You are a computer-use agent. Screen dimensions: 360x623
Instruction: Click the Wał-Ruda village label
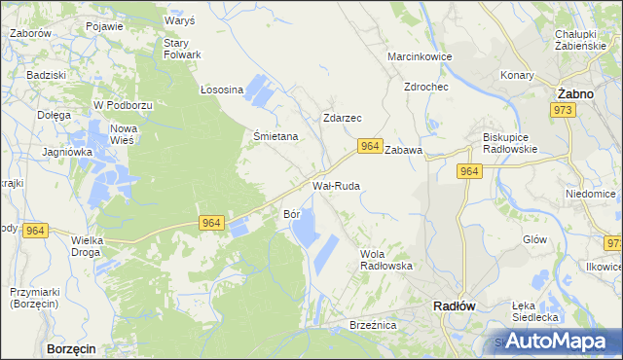(336, 185)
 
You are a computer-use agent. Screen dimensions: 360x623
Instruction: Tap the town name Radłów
(453, 306)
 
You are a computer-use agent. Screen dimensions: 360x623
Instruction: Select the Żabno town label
(575, 92)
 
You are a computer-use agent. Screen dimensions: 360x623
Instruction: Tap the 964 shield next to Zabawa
(369, 146)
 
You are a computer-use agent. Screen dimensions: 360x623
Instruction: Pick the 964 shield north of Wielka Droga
(35, 230)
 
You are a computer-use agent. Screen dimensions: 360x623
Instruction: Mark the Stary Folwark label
(181, 49)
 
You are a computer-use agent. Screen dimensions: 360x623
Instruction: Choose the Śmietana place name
(275, 137)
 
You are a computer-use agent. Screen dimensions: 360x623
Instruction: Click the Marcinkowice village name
(420, 57)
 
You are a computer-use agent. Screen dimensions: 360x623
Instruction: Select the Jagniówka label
(67, 152)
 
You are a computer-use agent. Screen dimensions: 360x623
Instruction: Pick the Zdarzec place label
(342, 118)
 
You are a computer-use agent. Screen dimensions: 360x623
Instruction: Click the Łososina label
(221, 90)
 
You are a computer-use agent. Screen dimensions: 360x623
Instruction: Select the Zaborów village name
(30, 33)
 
